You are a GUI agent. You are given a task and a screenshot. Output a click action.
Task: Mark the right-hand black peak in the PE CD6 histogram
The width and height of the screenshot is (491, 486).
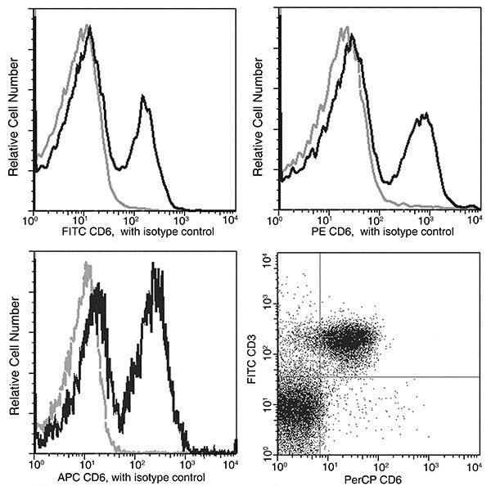423,116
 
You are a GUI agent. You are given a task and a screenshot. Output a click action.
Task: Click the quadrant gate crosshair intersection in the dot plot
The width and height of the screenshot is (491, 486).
319,376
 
